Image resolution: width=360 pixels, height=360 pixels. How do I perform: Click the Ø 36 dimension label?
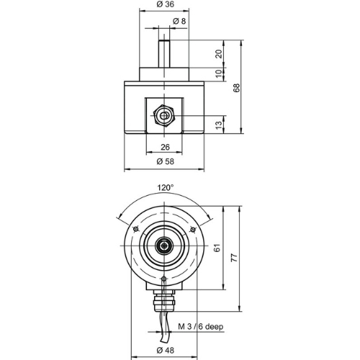coord(166,4)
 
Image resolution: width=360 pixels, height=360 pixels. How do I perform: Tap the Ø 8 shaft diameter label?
coord(179,21)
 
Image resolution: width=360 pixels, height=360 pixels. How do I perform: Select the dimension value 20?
coord(219,54)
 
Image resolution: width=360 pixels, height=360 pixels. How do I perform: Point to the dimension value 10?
coord(219,73)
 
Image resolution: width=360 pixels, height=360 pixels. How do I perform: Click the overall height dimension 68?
coord(236,88)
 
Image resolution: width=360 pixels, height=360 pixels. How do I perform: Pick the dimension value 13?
coord(219,125)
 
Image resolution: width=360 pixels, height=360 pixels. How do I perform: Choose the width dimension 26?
coord(165,147)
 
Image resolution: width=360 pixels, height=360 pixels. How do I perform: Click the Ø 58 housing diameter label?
coord(165,161)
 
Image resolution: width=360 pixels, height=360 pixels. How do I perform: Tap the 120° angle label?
coord(166,187)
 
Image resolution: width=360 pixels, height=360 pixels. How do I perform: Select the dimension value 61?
coord(217,248)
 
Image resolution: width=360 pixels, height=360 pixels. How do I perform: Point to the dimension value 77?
coord(234,257)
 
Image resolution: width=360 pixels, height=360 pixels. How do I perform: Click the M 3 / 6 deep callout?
coord(201,326)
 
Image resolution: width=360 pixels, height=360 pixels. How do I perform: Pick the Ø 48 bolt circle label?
coord(165,350)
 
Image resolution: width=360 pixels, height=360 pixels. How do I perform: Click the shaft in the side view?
coord(164,54)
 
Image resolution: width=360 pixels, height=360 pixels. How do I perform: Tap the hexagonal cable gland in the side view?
coord(164,116)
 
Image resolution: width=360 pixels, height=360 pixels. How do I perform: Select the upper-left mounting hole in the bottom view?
coord(136,230)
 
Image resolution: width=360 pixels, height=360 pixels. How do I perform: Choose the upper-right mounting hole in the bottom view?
coord(192,230)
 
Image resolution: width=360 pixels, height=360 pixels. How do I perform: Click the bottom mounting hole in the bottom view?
coord(164,279)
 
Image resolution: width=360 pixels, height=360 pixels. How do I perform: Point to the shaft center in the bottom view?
coord(164,246)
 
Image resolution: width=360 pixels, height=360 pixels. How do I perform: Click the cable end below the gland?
coord(165,340)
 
